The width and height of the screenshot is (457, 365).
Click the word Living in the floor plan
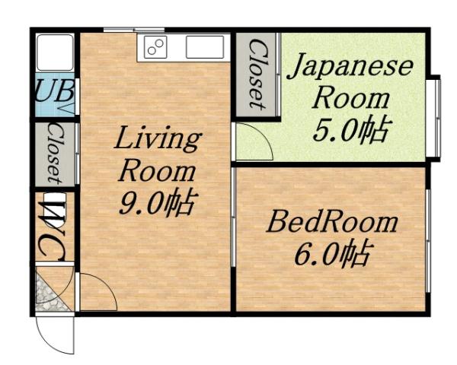tap(158, 141)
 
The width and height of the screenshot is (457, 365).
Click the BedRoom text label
tap(331, 223)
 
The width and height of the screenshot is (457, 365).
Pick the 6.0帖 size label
tap(331, 253)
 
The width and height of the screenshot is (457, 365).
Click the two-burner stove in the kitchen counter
tap(156, 47)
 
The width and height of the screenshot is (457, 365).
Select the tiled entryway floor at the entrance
tap(52, 291)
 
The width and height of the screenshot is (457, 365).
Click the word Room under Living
tap(158, 172)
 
